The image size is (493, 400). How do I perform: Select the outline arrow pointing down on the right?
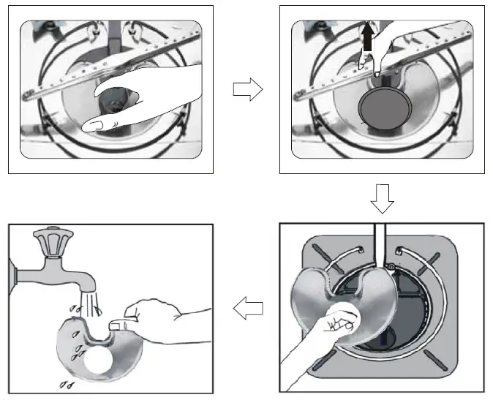(x=382, y=197)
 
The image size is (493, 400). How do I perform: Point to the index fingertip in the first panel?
(x=91, y=127)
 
